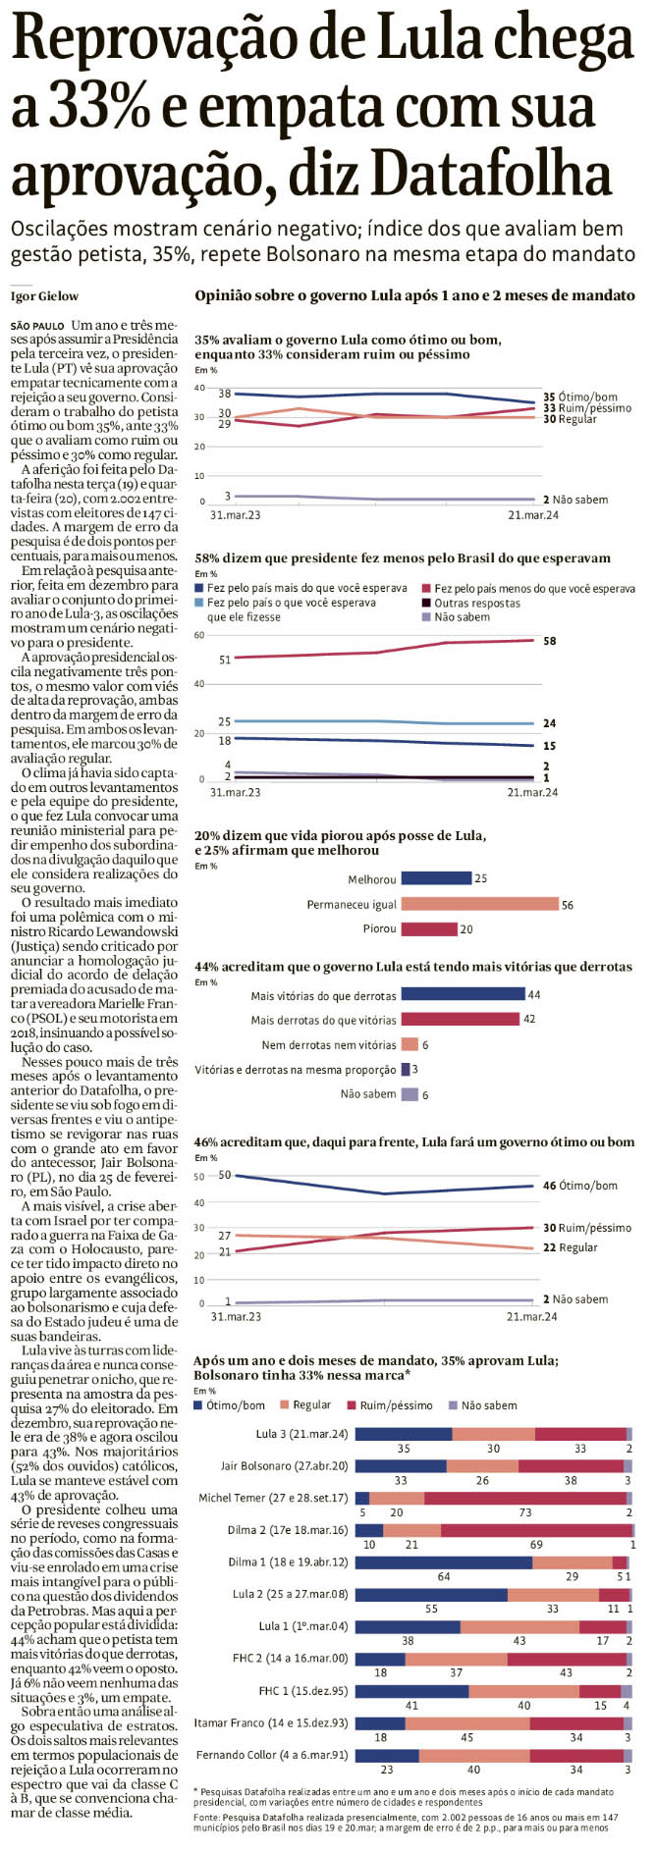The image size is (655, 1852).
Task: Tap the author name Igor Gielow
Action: (x=44, y=296)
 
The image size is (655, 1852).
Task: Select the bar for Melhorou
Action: (x=436, y=878)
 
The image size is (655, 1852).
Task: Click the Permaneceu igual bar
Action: (x=479, y=904)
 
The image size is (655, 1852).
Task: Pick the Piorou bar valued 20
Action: (x=429, y=928)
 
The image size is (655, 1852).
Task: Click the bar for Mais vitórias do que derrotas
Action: (x=463, y=995)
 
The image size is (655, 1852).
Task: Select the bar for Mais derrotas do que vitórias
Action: (x=461, y=1020)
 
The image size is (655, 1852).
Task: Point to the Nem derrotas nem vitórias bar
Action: (x=409, y=1044)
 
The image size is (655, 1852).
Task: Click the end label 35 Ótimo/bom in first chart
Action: (x=580, y=398)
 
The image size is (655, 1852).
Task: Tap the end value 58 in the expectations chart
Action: (x=549, y=641)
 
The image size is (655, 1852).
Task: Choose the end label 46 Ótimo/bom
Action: (x=580, y=1186)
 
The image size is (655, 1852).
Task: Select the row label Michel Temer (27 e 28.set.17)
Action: (x=273, y=1498)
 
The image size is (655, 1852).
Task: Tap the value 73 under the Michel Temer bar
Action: (x=525, y=1512)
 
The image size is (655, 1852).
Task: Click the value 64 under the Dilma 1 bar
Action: (x=444, y=1576)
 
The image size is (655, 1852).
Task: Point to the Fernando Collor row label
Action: (x=272, y=1755)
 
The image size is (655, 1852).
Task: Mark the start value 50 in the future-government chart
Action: (x=225, y=1175)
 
